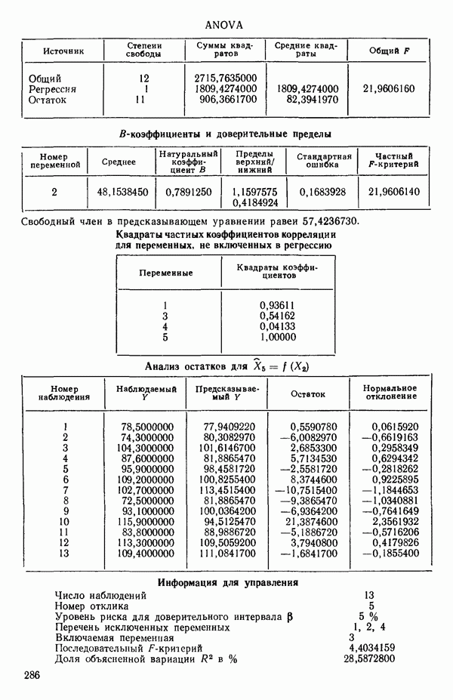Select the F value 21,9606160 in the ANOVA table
coord(389,88)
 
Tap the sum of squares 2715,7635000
coord(226,78)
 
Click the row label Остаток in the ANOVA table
coord(48,99)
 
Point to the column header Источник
coord(63,51)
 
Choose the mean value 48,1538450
coord(123,192)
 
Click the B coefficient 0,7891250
coord(188,192)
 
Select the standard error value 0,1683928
coord(322,192)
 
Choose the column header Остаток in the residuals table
coord(308,393)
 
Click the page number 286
coord(32,674)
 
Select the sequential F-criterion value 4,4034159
coord(368,648)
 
